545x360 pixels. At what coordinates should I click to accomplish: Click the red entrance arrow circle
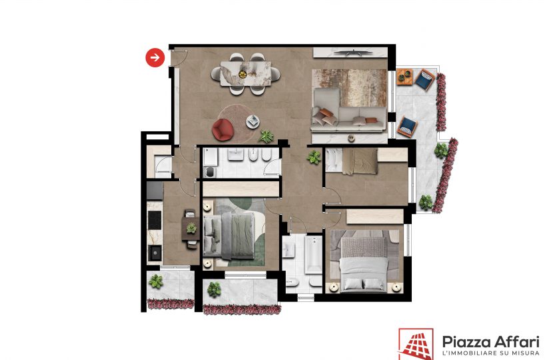tap(155, 57)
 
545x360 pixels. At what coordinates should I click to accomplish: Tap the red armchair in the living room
tap(223, 130)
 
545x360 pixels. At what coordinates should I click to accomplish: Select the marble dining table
tap(246, 73)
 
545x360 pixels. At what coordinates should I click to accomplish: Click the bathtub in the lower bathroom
tap(314, 255)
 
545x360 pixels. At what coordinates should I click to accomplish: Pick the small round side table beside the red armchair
tap(253, 121)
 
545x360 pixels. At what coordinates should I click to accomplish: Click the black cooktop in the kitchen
tap(155, 220)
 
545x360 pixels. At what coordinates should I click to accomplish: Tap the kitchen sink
tap(155, 253)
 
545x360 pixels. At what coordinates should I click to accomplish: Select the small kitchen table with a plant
tap(191, 229)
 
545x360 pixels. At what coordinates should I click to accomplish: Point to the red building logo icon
tap(416, 344)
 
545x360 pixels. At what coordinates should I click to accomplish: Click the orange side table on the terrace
tap(404, 77)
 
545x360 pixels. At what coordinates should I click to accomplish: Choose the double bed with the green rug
tap(230, 236)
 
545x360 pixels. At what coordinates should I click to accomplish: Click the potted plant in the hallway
tap(314, 157)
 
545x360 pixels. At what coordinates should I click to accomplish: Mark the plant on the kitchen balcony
tap(156, 281)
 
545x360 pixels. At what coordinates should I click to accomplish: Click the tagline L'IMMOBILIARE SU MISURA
tap(490, 353)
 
